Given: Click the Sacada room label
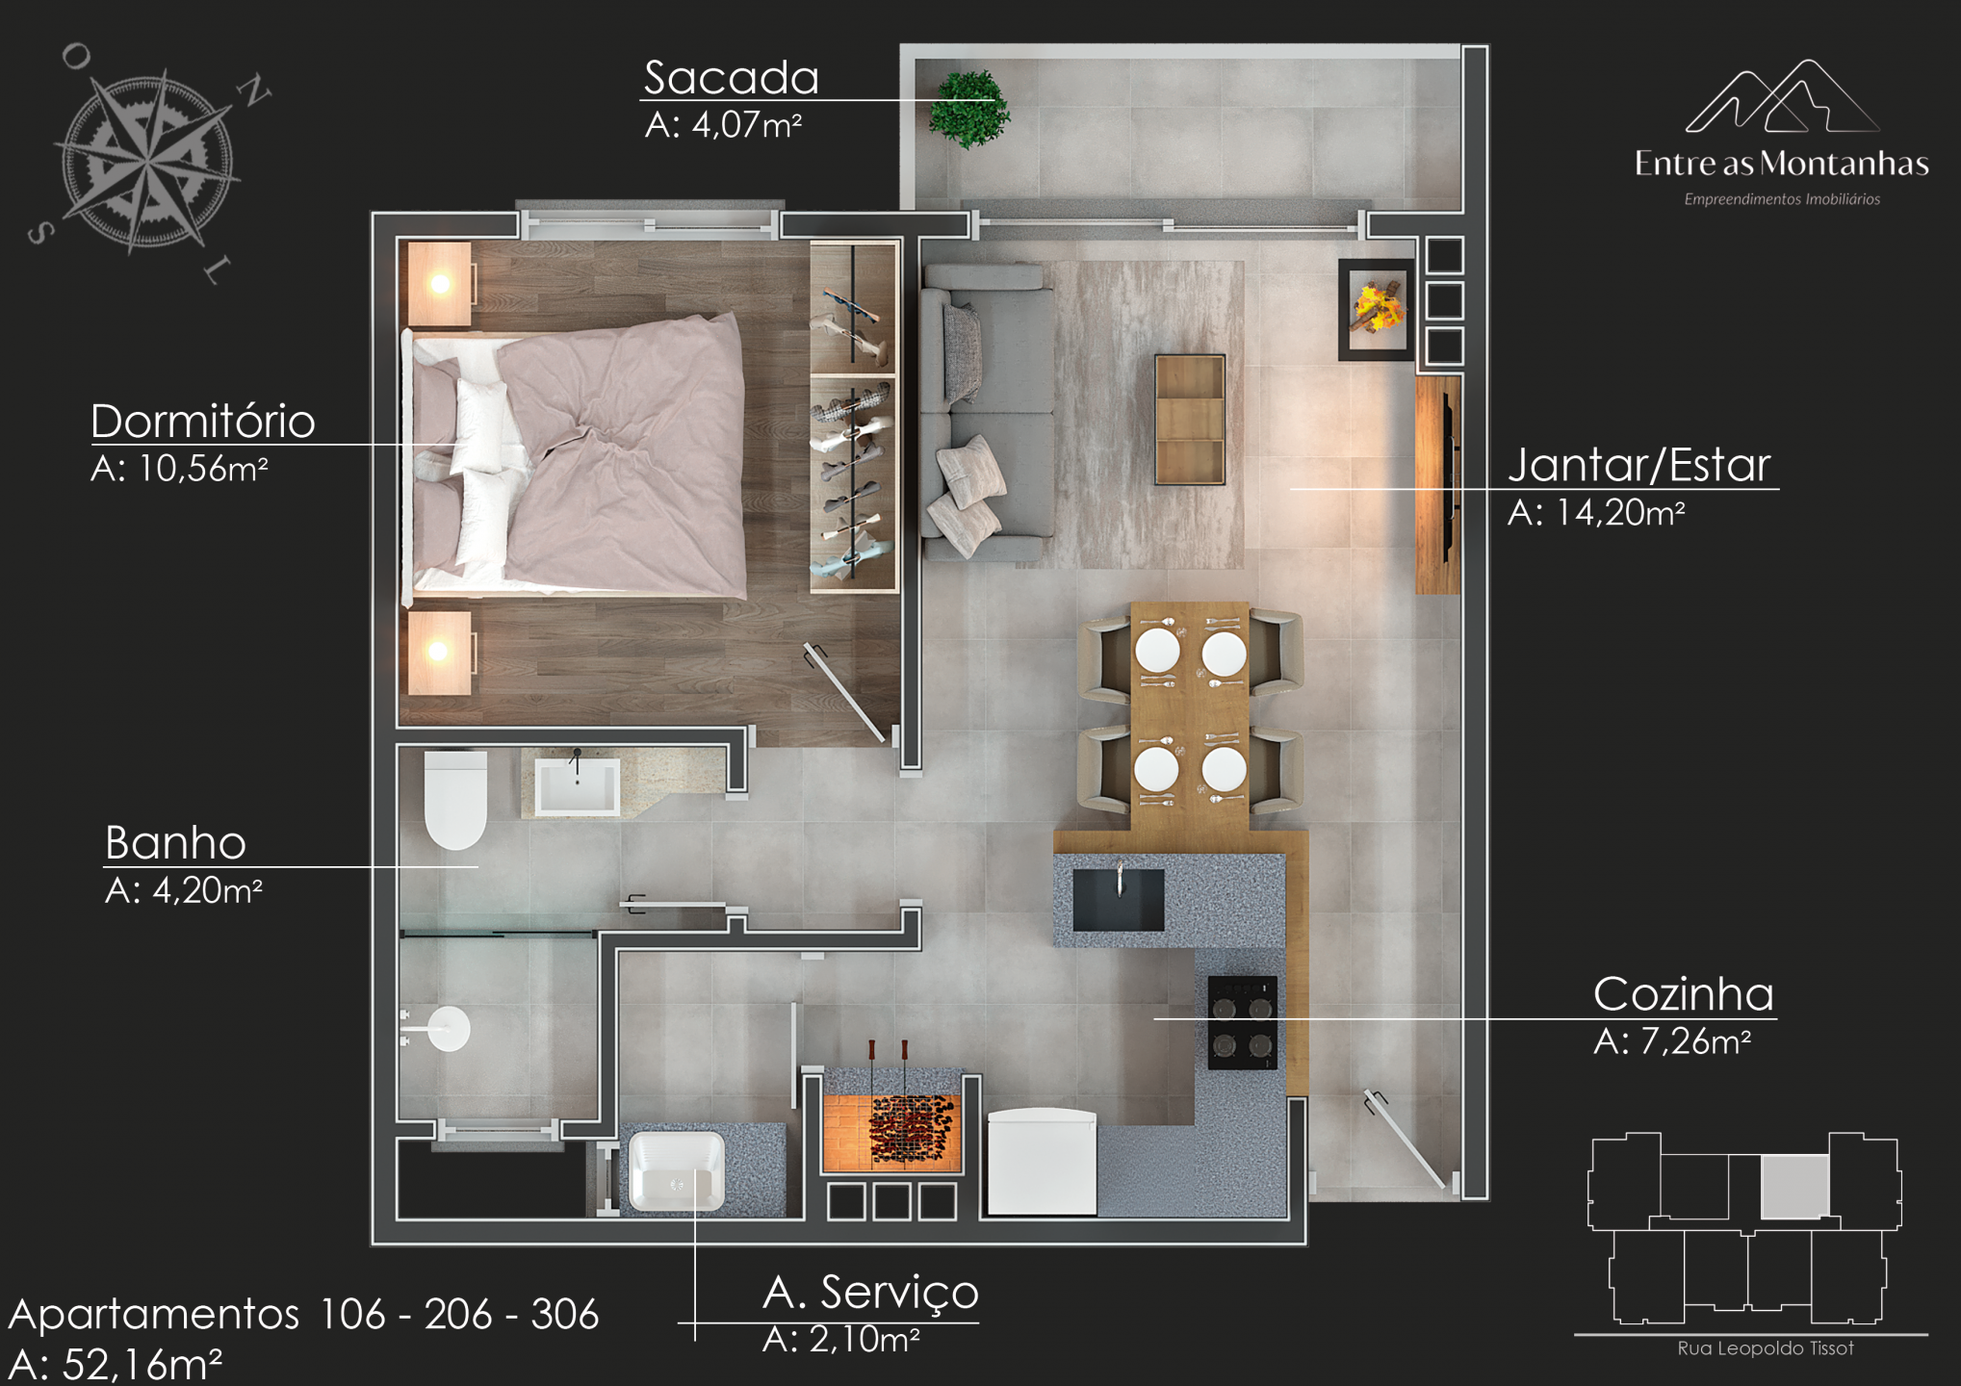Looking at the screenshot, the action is coord(731,77).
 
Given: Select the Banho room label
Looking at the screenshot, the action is coord(175,842).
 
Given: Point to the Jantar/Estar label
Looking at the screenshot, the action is coord(1638,465).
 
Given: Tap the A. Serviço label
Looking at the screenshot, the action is coord(870,1293).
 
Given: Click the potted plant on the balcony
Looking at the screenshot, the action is coord(968,109).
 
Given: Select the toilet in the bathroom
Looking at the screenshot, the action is coord(455,800).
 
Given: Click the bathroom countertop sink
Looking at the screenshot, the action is coord(577,785).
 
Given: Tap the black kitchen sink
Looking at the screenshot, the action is coord(1118,900).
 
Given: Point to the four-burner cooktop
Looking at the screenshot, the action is coord(1243,1023).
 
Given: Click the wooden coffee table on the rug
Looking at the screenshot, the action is coord(1190,420).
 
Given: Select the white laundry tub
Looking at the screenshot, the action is coord(677,1171).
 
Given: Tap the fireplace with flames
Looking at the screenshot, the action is coord(1377,309).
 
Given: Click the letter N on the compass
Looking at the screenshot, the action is coord(254,91).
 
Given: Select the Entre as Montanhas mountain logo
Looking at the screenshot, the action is coord(1782,96).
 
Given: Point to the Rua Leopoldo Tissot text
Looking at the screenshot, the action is coord(1766,1348).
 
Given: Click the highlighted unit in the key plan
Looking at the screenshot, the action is coord(1794,1186).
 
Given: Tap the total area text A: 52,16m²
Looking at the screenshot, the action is coord(116,1364).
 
